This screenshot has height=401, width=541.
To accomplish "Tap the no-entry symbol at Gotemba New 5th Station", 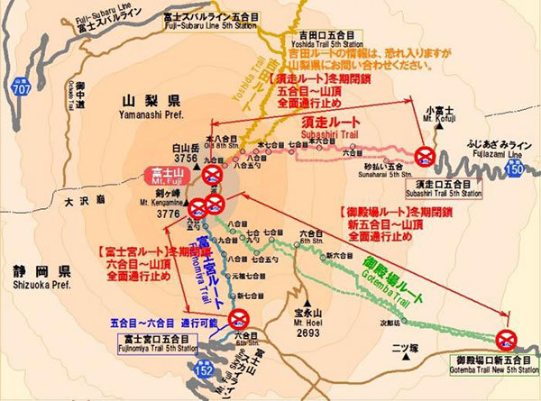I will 505,338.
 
